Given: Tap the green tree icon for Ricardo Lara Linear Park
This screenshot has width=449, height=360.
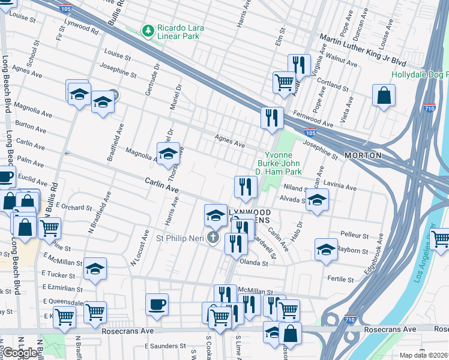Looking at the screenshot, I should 146,29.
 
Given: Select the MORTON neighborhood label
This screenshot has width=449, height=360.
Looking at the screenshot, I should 363,155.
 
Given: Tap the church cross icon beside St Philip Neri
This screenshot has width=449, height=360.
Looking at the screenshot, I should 212,238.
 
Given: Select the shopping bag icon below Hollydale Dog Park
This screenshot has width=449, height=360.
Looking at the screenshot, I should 384,96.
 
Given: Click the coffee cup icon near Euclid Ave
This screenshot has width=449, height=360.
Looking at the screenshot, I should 5,177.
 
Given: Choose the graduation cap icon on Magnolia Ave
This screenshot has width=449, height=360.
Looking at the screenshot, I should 169,154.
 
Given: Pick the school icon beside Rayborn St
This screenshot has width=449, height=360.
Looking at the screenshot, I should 325,248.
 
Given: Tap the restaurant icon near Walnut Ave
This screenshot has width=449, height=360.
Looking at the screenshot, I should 298,64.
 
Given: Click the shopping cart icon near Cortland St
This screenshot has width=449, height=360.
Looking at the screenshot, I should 284,82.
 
